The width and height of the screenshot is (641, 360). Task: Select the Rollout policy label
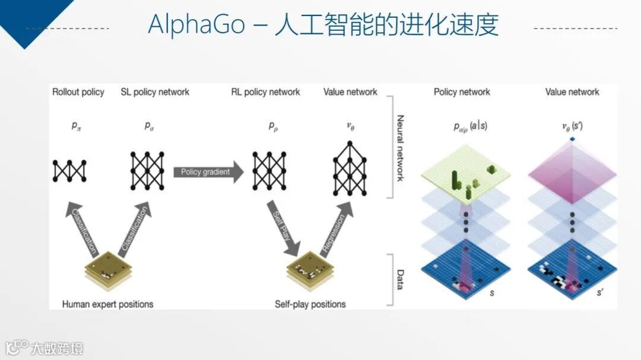(78, 92)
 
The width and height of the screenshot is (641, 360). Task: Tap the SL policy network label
(155, 92)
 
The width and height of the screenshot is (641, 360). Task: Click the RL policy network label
(265, 92)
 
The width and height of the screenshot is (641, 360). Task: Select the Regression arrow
(336, 228)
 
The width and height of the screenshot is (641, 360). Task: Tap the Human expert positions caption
(107, 304)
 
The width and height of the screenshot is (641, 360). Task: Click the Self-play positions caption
(310, 304)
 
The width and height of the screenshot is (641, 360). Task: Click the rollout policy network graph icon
(69, 171)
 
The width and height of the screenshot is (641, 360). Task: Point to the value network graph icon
(350, 169)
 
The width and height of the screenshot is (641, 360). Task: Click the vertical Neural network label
(400, 148)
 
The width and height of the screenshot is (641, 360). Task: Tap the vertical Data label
(400, 279)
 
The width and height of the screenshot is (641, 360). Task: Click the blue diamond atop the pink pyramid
(572, 139)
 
